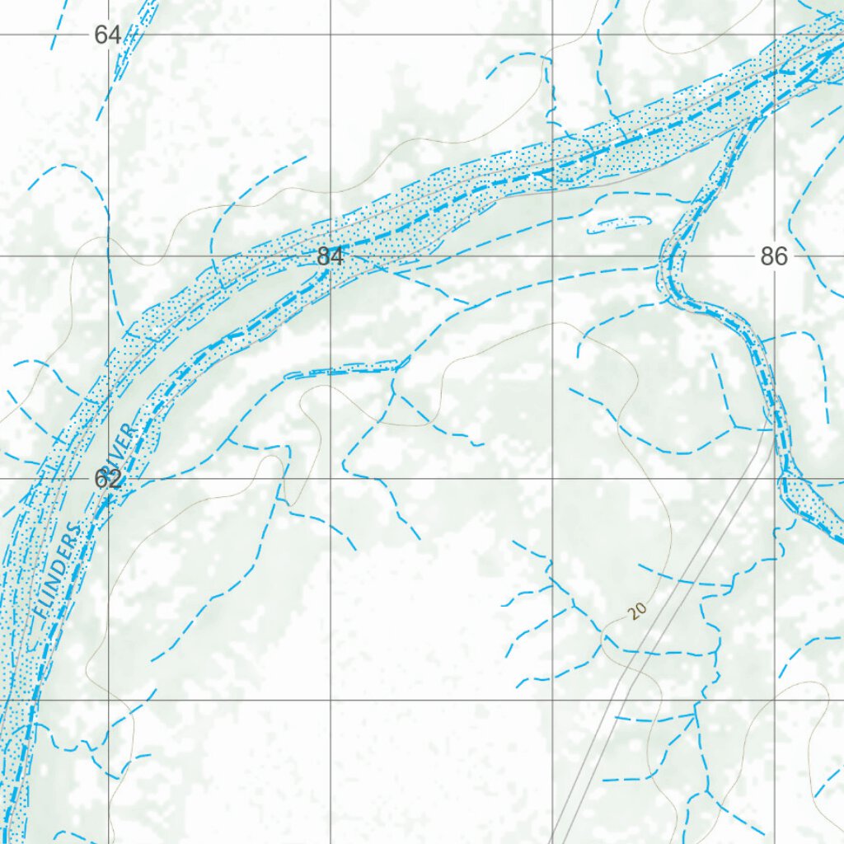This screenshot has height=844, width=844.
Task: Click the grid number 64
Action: pyautogui.click(x=107, y=35)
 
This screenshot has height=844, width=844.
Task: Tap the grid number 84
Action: pyautogui.click(x=330, y=256)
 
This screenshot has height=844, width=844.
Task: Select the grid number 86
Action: pyautogui.click(x=774, y=256)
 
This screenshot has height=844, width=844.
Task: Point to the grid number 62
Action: pyautogui.click(x=108, y=479)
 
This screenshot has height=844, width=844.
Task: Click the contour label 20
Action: pyautogui.click(x=635, y=611)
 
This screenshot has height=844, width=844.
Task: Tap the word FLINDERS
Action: pyautogui.click(x=59, y=570)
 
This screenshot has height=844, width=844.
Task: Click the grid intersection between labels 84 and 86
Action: pyautogui.click(x=552, y=256)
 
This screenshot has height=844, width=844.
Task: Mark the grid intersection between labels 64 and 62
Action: pyautogui.click(x=108, y=256)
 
